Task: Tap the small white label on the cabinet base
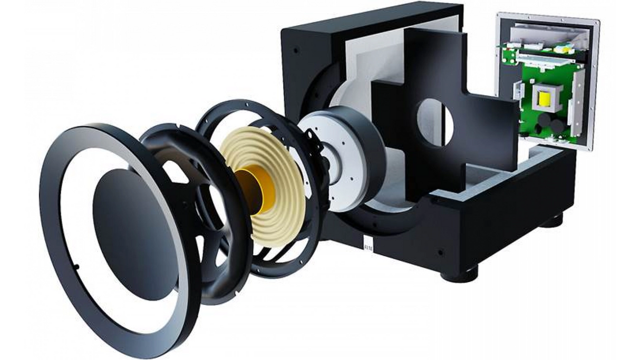point(367,245)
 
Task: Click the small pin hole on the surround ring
point(77,267)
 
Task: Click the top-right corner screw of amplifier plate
point(596,22)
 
